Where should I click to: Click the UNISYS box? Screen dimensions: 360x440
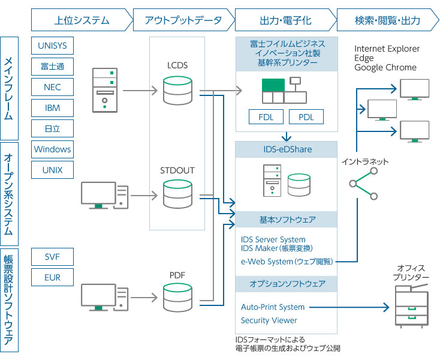click(52, 46)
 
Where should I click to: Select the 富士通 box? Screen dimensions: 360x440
click(52, 67)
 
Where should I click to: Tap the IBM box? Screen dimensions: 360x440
click(52, 108)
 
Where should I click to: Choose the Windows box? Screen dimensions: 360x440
click(52, 149)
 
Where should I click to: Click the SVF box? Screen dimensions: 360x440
click(52, 257)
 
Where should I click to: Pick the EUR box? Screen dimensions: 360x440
click(52, 278)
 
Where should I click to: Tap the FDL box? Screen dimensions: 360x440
click(266, 116)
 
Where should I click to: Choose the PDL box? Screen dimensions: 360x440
click(306, 116)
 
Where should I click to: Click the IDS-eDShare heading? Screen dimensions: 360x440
click(286, 149)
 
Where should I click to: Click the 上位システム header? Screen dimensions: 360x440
click(82, 20)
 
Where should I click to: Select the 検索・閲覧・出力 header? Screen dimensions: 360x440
click(387, 20)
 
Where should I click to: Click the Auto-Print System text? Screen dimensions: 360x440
click(273, 307)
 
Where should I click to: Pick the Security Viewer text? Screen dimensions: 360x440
click(269, 320)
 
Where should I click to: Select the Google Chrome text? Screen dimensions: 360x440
click(385, 68)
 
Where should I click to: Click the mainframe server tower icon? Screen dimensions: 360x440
click(105, 91)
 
